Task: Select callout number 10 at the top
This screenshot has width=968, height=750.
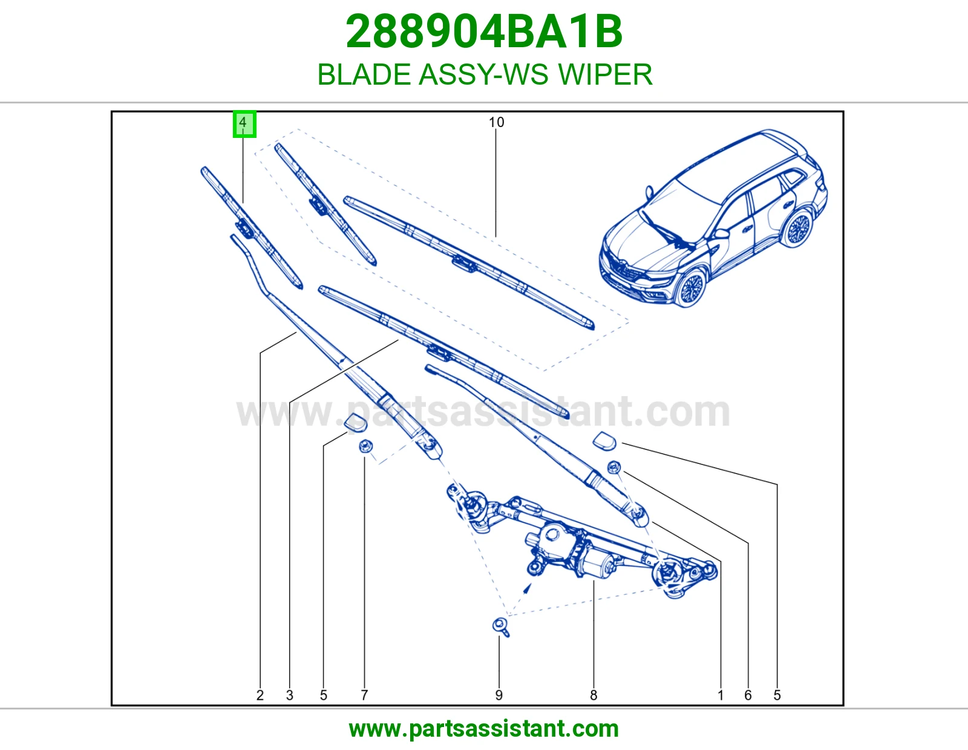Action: click(x=496, y=122)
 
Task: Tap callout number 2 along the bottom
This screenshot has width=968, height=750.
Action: click(x=260, y=695)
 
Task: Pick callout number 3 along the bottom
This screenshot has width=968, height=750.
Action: click(x=290, y=695)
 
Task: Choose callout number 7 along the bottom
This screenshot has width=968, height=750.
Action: click(x=364, y=695)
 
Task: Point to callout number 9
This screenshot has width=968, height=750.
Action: click(x=499, y=695)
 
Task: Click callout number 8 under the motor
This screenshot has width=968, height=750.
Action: click(x=594, y=695)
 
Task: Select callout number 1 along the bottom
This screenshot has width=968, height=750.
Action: click(x=721, y=695)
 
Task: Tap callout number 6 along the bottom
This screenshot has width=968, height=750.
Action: click(x=748, y=695)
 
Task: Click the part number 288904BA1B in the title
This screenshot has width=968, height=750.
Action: click(x=484, y=31)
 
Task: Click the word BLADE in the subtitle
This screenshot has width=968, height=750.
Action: click(x=364, y=74)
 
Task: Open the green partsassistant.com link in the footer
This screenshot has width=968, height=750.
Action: click(x=484, y=729)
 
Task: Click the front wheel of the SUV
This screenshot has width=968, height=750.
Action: click(x=691, y=287)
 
